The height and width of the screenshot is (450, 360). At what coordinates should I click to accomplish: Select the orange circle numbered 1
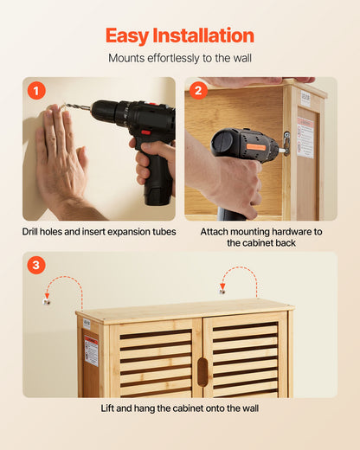coord(35,90)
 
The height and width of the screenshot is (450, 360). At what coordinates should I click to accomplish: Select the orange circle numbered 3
coord(35,266)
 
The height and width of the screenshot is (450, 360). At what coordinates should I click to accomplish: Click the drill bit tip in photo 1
coord(63,106)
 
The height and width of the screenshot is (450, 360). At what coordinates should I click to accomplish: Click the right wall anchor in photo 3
coord(222,291)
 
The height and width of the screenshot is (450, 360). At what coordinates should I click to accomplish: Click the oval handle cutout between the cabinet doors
coord(202,371)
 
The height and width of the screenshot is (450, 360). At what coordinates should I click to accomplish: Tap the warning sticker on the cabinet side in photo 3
coord(91,350)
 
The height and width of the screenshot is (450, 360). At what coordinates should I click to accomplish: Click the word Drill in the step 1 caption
coord(35,232)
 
